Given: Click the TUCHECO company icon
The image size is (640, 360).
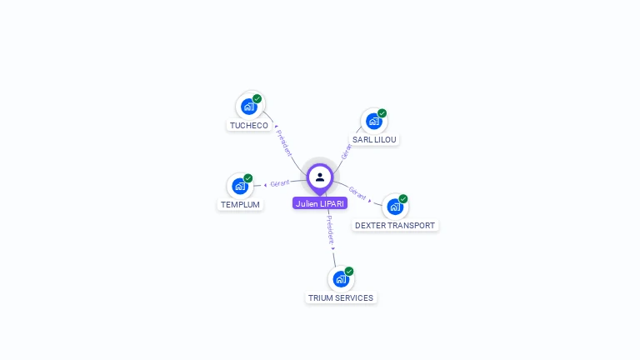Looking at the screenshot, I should pyautogui.click(x=248, y=106).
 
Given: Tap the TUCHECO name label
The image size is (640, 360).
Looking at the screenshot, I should pyautogui.click(x=249, y=126).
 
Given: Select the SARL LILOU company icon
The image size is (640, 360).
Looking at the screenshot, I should pyautogui.click(x=373, y=121).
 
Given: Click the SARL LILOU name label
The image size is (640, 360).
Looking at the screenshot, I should pyautogui.click(x=374, y=140).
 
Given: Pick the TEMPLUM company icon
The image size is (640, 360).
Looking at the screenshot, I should pyautogui.click(x=240, y=186).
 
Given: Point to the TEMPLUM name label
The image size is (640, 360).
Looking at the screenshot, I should pyautogui.click(x=240, y=205).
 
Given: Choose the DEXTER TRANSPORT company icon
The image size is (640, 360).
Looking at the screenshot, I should pyautogui.click(x=394, y=206).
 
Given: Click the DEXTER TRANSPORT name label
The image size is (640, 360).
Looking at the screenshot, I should pyautogui.click(x=395, y=226).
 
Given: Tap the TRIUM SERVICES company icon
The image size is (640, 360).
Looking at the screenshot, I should pyautogui.click(x=340, y=278).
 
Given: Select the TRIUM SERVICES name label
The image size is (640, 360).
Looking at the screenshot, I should pyautogui.click(x=341, y=298).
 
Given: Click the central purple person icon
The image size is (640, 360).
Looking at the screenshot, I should pyautogui.click(x=320, y=177).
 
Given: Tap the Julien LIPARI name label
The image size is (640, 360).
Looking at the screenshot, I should pyautogui.click(x=320, y=203).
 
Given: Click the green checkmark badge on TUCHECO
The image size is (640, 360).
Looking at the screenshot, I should pyautogui.click(x=257, y=98).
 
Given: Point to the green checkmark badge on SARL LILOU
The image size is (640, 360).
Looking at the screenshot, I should pyautogui.click(x=382, y=113).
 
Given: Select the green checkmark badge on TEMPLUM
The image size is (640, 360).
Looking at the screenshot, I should pyautogui.click(x=248, y=178).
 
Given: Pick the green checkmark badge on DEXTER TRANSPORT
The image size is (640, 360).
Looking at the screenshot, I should pyautogui.click(x=403, y=198).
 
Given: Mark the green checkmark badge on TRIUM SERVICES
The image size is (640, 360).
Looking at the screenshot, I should pyautogui.click(x=349, y=271).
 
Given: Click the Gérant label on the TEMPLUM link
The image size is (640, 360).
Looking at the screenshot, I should pyautogui.click(x=279, y=183).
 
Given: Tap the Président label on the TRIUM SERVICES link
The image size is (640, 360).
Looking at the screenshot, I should pyautogui.click(x=330, y=228).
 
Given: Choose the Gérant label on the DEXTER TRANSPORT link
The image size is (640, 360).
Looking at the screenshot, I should pyautogui.click(x=357, y=192).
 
